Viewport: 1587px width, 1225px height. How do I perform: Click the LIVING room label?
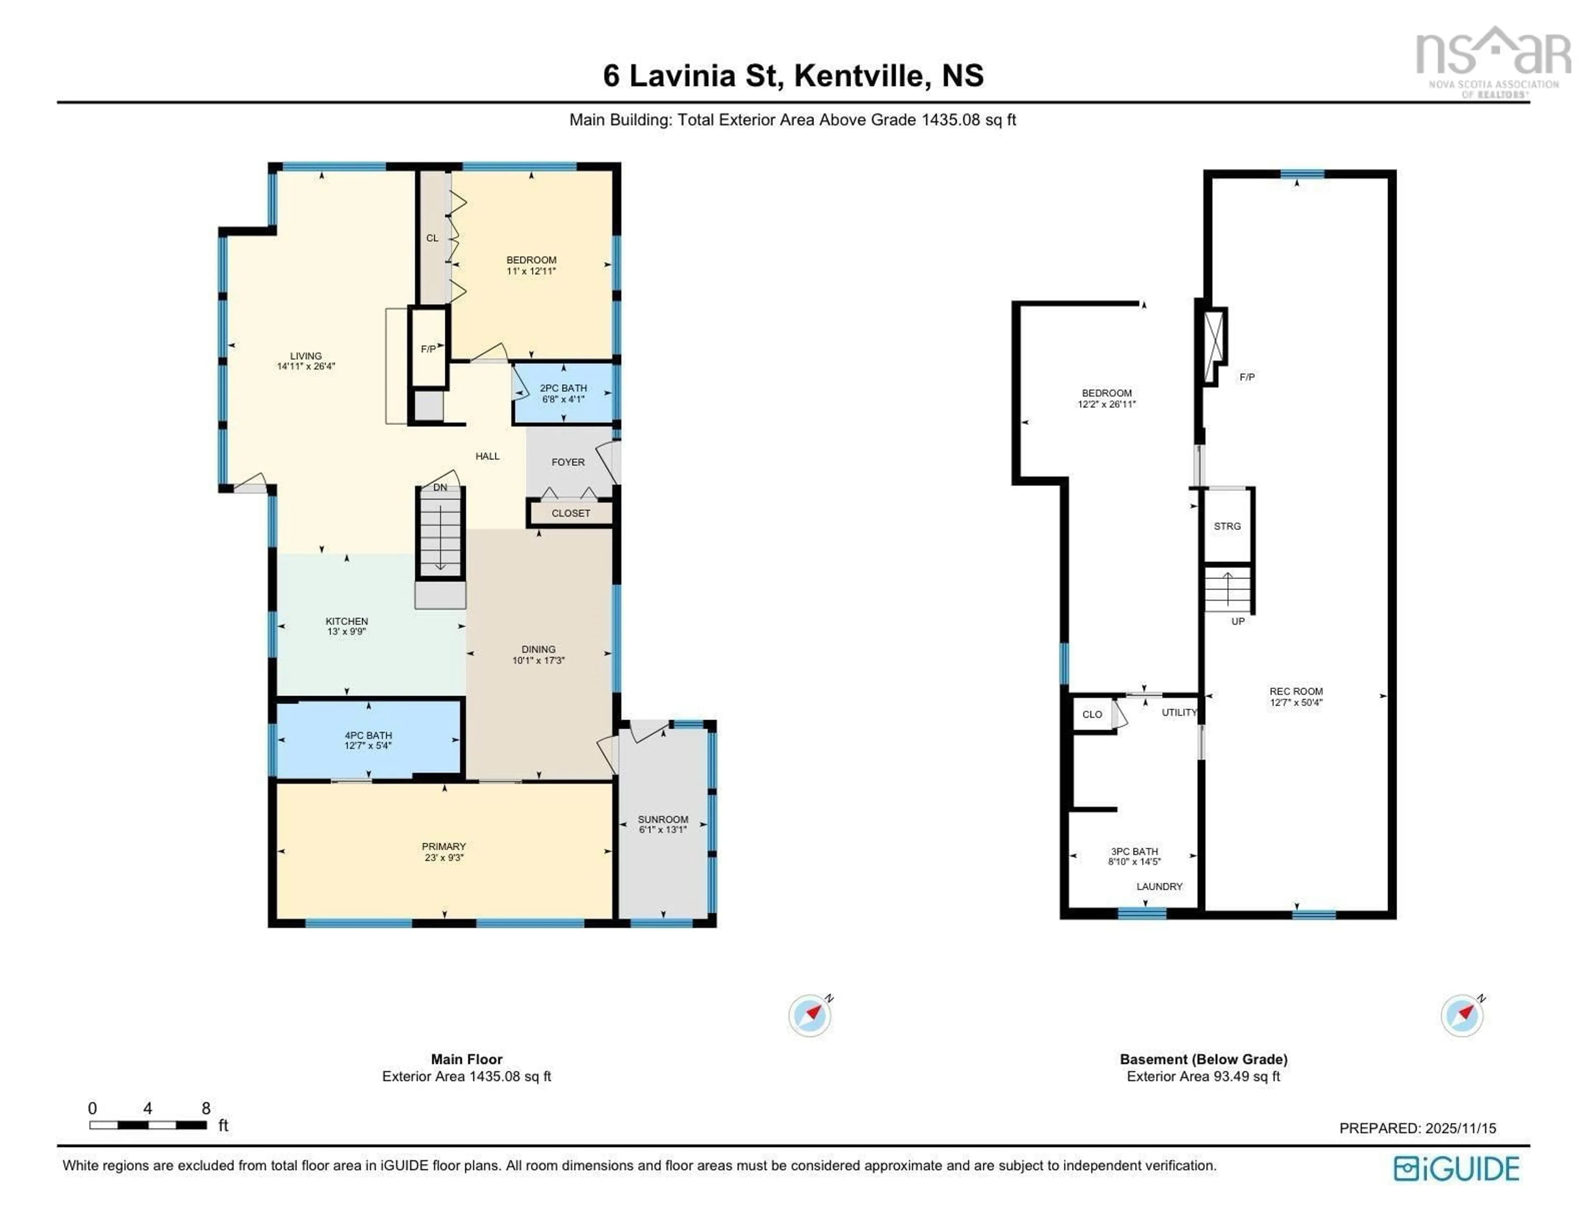[x=305, y=356]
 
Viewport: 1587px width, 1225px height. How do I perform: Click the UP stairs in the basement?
[x=1227, y=589]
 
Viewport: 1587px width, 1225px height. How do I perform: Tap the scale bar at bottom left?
[x=148, y=1125]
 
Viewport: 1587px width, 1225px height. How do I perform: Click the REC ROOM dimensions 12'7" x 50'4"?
[x=1296, y=702]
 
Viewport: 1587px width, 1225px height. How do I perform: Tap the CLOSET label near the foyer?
[x=570, y=513]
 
